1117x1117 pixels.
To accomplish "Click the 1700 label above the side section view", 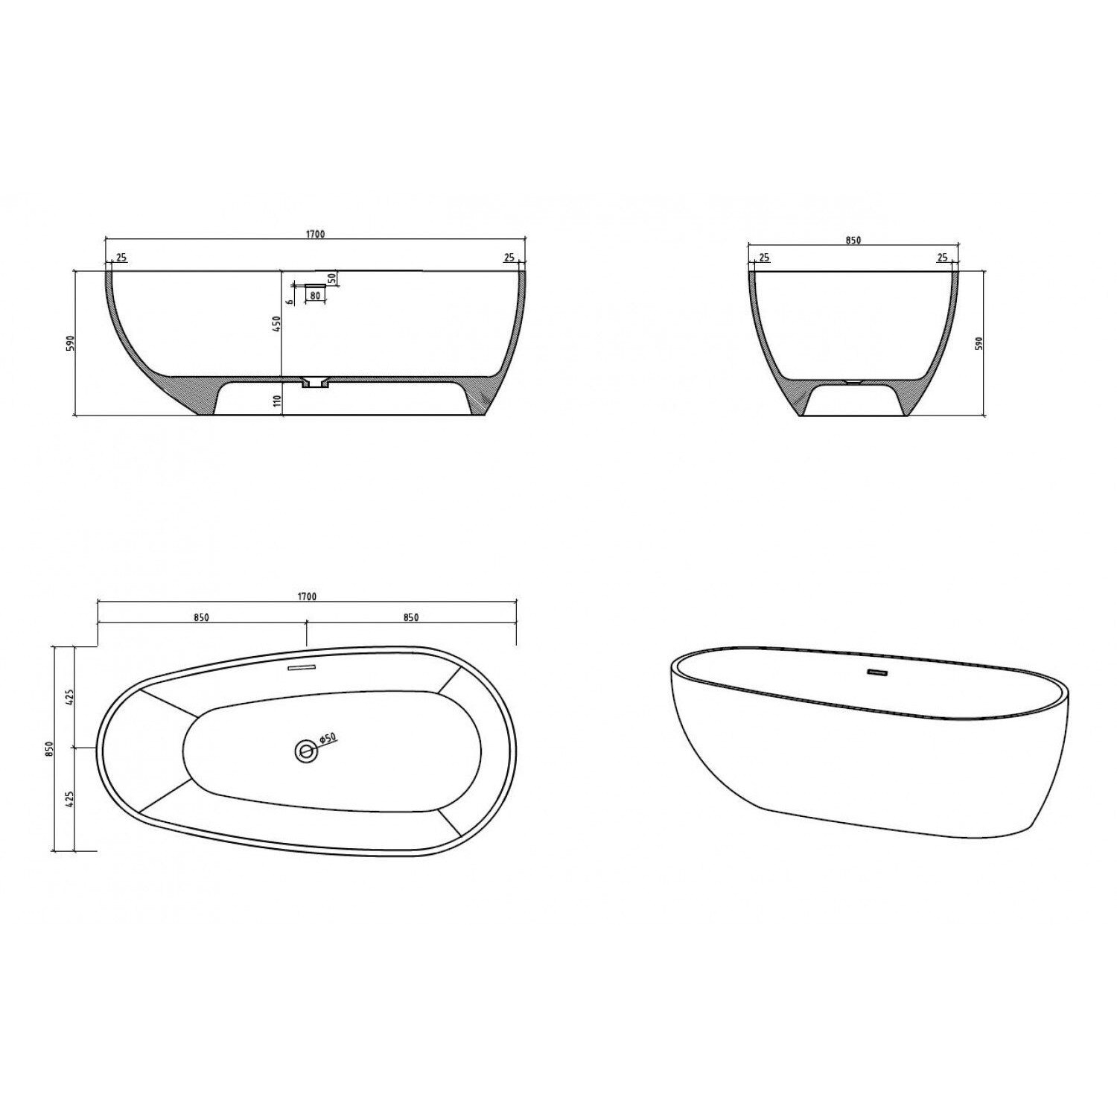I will (315, 235).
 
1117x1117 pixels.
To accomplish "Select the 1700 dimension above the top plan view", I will (307, 596).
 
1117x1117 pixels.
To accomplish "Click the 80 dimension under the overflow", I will (315, 296).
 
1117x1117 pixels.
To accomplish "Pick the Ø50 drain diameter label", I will (328, 738).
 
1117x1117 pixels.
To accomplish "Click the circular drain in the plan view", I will (305, 751).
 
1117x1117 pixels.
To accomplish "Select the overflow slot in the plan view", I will (302, 668).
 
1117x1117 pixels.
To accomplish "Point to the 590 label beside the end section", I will (980, 343).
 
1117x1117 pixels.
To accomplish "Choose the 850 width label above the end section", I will (853, 240).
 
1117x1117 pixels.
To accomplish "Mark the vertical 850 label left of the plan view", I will (49, 748).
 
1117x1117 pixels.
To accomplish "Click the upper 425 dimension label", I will (69, 698).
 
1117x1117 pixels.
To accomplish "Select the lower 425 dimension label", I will (69, 799).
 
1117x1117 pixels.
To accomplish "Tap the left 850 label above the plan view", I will (201, 617).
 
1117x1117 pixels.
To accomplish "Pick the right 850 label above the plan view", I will (411, 617).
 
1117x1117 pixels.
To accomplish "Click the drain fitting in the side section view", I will (316, 383).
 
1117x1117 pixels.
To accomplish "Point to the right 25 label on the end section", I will (942, 258).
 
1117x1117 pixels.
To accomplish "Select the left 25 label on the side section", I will (122, 258).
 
